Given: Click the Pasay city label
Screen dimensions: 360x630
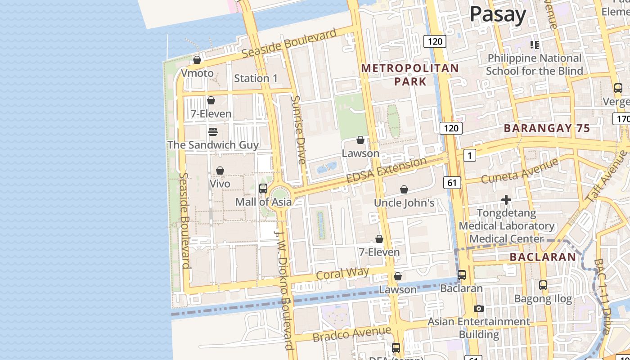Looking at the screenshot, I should [498, 14].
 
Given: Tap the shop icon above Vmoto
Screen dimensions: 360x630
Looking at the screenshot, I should [197, 59].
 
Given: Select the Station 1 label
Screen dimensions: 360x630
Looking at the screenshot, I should [256, 78].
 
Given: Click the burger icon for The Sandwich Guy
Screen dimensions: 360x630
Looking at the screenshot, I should [213, 131].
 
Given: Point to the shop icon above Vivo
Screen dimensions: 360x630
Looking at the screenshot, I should [220, 171].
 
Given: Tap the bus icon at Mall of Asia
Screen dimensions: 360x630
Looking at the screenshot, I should [263, 189].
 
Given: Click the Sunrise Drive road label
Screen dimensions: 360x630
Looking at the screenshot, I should [298, 130].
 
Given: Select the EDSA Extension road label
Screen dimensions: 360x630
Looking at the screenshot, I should [386, 171].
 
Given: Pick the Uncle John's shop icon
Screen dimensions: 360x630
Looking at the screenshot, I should [404, 189].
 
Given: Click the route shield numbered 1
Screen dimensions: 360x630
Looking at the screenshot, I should [469, 156].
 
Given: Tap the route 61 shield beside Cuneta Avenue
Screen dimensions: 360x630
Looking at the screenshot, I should [452, 182].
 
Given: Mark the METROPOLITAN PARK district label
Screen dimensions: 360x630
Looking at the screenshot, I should [410, 75].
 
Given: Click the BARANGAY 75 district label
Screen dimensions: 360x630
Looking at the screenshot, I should [547, 128].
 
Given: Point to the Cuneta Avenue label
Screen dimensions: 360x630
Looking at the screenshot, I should [519, 171].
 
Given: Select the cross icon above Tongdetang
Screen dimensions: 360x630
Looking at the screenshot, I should [506, 199].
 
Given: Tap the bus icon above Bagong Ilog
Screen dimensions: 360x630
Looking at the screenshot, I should [543, 285].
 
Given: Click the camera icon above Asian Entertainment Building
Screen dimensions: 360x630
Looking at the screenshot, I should [479, 308].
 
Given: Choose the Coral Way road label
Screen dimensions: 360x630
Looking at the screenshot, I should [342, 273].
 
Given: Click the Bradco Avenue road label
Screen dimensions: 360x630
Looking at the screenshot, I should [351, 334].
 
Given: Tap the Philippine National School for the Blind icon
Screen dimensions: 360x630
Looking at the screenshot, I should [535, 45].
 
